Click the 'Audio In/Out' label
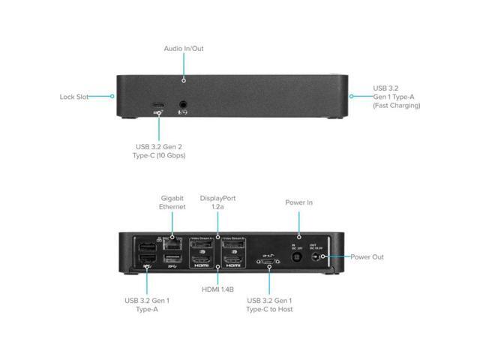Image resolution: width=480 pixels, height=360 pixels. pyautogui.click(x=184, y=49)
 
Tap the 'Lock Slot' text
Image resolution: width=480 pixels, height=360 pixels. pyautogui.click(x=74, y=97)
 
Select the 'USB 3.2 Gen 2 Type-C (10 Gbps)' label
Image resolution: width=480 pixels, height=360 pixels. pyautogui.click(x=158, y=151)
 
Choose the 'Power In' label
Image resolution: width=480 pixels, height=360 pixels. pyautogui.click(x=299, y=202)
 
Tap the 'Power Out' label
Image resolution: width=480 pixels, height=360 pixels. pyautogui.click(x=367, y=257)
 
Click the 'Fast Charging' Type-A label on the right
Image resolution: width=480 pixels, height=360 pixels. pyautogui.click(x=396, y=97)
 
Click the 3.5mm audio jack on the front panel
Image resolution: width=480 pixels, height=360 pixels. pyautogui.click(x=182, y=105)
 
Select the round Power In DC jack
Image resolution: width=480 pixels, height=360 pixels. pyautogui.click(x=300, y=257)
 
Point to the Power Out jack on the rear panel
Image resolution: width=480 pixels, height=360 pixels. pyautogui.click(x=324, y=257)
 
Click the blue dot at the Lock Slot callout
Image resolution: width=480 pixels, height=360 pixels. pyautogui.click(x=112, y=96)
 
